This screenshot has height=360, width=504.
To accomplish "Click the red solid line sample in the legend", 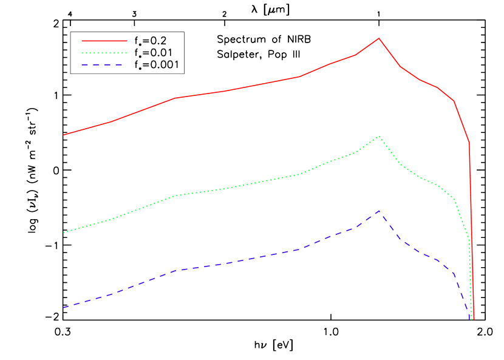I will tap(104, 41).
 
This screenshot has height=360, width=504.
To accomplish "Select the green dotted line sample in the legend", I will tap(104, 53).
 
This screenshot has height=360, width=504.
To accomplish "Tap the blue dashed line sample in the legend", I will tap(104, 64).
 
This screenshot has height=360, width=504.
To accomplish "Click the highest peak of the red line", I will tap(379, 38).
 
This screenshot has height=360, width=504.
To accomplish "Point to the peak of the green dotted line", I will tap(379, 136).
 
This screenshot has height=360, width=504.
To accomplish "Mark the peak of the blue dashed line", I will tap(379, 211).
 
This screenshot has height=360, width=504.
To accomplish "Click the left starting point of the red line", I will tap(64, 135).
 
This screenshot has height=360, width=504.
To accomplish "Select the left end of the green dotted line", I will tap(64, 233).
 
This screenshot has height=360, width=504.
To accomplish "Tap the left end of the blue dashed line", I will tap(64, 307).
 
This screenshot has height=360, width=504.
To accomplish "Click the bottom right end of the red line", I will tap(473, 319).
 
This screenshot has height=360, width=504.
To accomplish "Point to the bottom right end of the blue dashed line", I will tap(469, 319).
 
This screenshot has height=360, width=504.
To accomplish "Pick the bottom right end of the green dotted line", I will tap(471, 319).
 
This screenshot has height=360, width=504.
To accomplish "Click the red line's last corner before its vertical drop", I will tap(469, 142).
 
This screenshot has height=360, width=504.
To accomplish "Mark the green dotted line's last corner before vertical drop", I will tap(469, 240).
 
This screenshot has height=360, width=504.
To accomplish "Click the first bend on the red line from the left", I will tap(111, 121).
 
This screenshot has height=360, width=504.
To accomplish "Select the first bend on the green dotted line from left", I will tap(111, 219).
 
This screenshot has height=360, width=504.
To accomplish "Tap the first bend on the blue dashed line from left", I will tap(111, 294).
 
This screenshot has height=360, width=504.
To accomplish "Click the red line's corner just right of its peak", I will tap(400, 67).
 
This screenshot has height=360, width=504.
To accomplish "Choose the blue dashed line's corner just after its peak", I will tap(400, 240).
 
